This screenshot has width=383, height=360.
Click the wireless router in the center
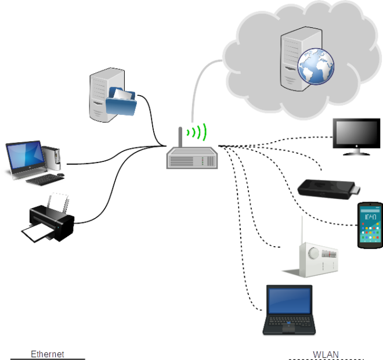point(192,157)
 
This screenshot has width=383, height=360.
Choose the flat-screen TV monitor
point(355,135)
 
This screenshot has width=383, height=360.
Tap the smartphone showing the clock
point(370,225)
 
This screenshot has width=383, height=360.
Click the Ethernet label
point(47,354)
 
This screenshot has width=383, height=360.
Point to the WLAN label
point(326,354)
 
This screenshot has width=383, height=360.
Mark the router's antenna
point(180,137)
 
